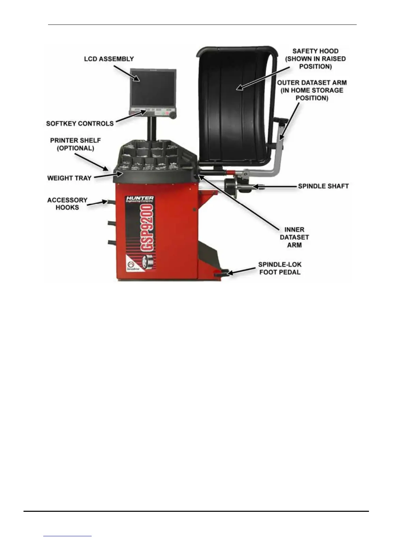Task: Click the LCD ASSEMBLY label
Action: coord(109,59)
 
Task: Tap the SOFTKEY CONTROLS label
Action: coord(80,124)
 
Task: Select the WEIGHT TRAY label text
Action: coord(69,178)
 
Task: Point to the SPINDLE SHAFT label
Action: coord(323,186)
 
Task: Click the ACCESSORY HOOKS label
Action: coord(67,203)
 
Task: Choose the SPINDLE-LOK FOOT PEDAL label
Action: coord(280,268)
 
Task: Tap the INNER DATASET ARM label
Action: coord(294,237)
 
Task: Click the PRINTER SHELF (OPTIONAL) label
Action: coord(75,144)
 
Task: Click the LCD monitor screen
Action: coord(153,88)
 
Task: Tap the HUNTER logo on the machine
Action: coord(140,198)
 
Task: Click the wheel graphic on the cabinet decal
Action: coord(147,262)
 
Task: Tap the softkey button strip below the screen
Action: coord(153,111)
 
